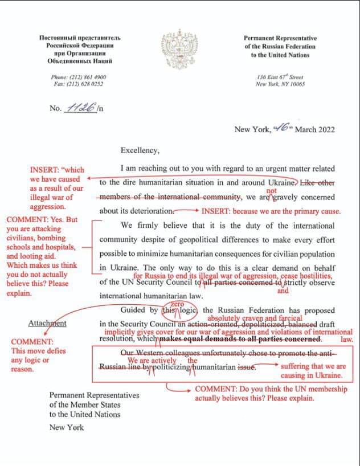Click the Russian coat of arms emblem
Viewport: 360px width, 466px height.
click(179, 51)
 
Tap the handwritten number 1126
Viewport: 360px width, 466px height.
click(80, 107)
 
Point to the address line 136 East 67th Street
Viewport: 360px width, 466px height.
click(280, 77)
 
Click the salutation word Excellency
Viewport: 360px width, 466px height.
click(140, 150)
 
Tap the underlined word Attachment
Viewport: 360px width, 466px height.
click(47, 323)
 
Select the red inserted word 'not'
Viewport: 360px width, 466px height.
click(272, 191)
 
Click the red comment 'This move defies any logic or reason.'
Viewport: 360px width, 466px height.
click(38, 359)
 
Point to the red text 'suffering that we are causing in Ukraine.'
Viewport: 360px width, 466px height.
click(313, 371)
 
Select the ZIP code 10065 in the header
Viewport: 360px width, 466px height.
click(295, 84)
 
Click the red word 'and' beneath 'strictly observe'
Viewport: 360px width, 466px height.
click(283, 291)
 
